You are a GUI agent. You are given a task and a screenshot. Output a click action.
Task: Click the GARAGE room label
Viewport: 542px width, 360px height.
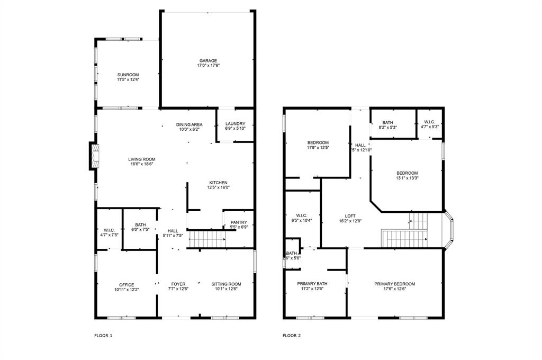pos(208,60)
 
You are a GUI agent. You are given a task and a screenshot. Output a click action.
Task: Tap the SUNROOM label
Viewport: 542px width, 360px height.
pos(128,75)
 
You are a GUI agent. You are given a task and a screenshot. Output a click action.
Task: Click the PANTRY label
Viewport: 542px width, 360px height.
pos(238,222)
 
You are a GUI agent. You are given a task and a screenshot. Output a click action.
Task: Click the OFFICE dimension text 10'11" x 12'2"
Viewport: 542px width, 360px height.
pos(127,290)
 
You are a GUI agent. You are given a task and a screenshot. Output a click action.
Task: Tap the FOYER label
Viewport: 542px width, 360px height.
pos(178,284)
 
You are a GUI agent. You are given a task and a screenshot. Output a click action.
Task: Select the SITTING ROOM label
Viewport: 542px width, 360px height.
pos(226,284)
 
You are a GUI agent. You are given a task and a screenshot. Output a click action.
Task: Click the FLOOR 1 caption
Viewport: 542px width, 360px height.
pos(103,335)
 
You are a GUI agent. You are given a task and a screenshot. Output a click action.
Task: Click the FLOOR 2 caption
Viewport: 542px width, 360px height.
pos(292,335)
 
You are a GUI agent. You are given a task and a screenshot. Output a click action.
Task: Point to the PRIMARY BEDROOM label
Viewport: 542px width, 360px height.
pos(394,284)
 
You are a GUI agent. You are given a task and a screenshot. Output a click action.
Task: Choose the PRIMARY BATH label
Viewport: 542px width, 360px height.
pos(312,284)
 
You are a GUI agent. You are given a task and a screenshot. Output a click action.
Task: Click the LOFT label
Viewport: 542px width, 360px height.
pos(350,215)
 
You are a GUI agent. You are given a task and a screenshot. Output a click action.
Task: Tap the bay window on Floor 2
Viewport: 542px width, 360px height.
pos(449,230)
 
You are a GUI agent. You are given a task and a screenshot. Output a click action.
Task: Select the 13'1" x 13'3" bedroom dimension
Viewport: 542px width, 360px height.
pos(407,178)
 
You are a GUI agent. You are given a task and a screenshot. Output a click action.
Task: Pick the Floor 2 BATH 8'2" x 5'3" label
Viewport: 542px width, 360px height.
pos(388,127)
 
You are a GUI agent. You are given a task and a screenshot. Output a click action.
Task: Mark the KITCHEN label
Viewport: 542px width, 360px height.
pos(218,183)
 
